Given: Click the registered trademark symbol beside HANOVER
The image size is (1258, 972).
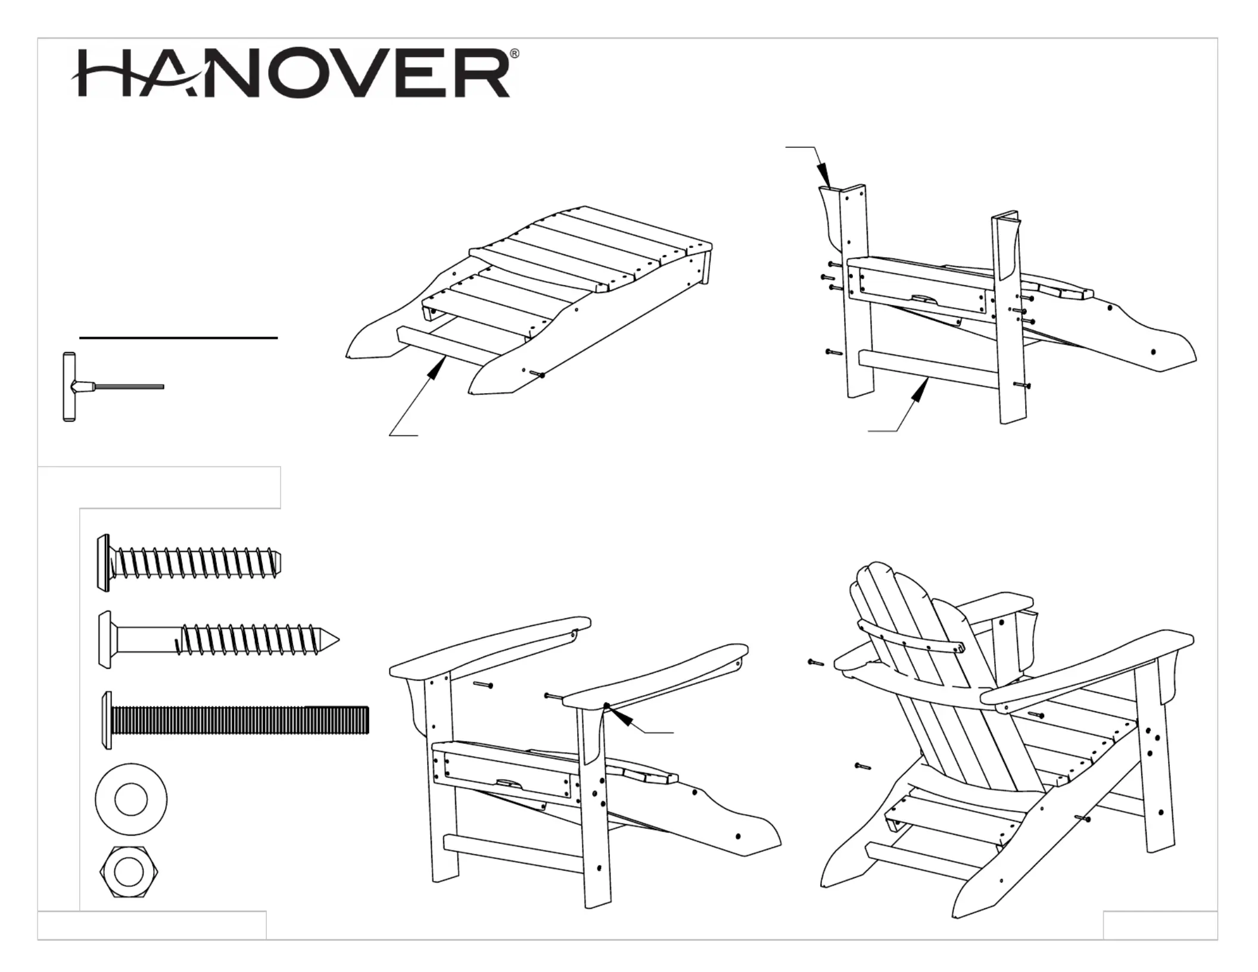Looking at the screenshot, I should (515, 54).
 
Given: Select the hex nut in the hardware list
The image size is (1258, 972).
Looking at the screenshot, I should (129, 873).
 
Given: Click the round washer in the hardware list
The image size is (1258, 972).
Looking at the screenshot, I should (131, 799).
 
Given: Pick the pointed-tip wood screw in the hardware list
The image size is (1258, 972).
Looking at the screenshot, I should (218, 640).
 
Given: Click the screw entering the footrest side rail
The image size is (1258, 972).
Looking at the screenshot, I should (538, 375).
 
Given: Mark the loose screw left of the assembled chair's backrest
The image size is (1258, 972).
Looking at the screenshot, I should (815, 662).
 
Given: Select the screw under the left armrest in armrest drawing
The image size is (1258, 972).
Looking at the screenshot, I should (483, 686).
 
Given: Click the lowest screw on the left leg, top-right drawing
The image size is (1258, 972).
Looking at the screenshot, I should (833, 353).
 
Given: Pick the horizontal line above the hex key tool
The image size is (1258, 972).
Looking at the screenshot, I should (178, 338).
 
